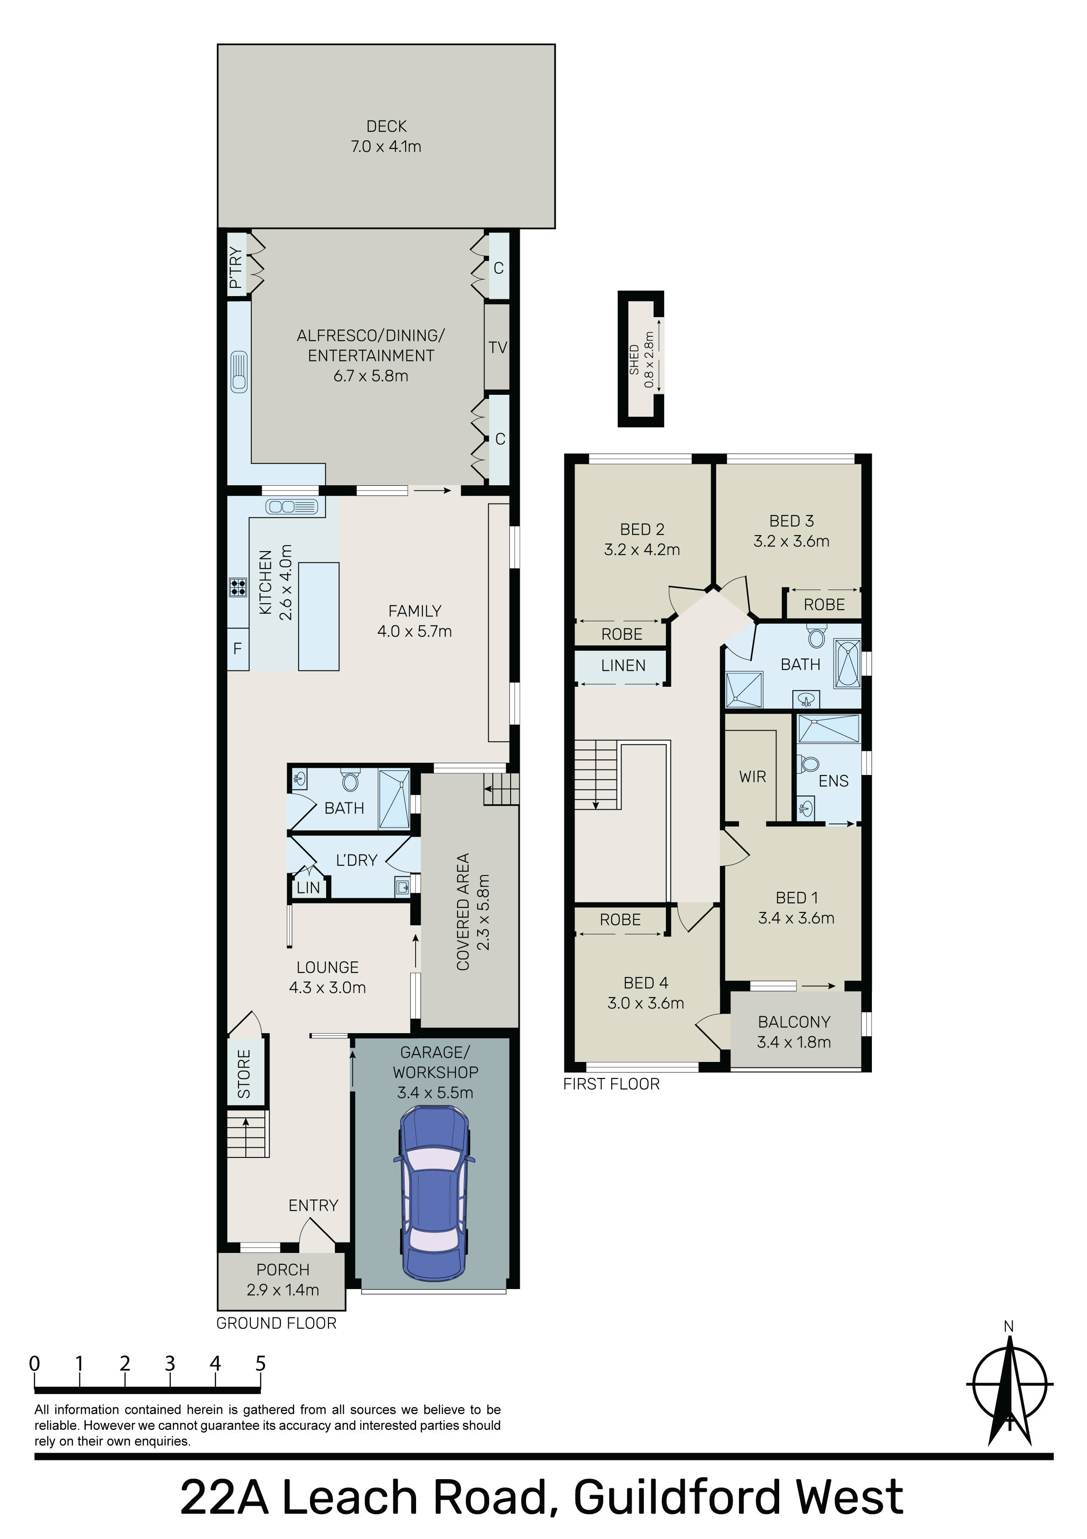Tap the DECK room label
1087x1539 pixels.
(x=387, y=126)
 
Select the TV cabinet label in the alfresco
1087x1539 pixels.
(x=498, y=347)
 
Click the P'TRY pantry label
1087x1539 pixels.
(x=235, y=268)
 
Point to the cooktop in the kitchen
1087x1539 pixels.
(x=238, y=587)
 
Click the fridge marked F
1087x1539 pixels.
(x=238, y=649)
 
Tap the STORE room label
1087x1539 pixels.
(x=244, y=1074)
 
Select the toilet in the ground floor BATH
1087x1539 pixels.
(x=350, y=780)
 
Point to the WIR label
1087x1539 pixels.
(x=753, y=776)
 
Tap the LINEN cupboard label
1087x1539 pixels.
(x=623, y=666)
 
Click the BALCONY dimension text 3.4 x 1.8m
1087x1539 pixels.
(x=794, y=1042)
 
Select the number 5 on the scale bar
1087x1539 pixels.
(x=261, y=1363)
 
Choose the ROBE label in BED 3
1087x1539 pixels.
(x=824, y=605)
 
